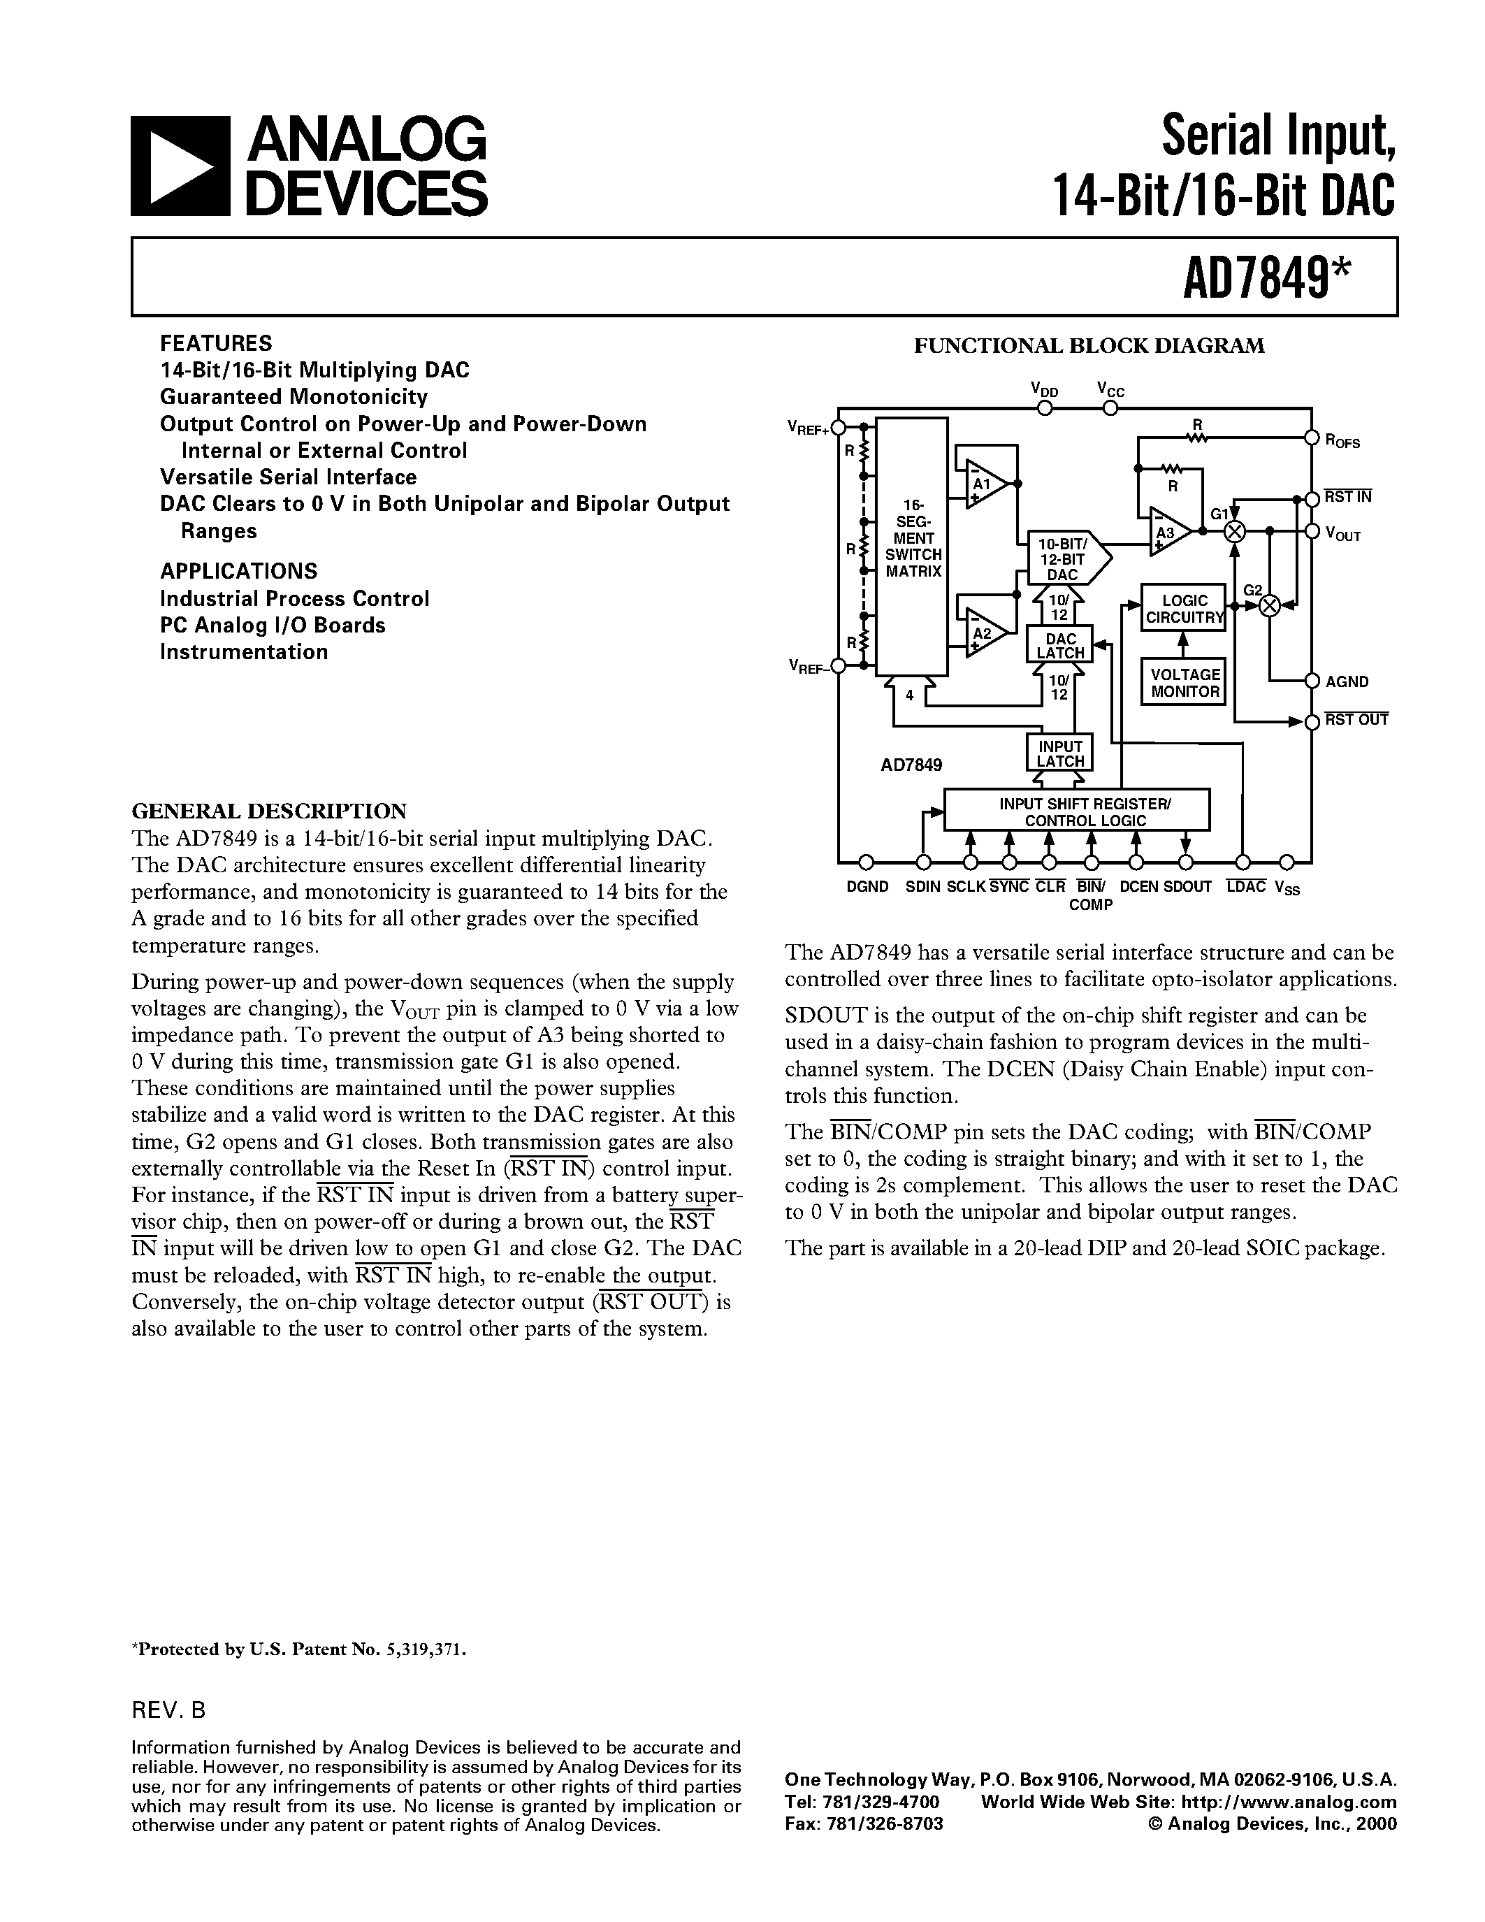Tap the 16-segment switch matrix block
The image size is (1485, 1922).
(912, 546)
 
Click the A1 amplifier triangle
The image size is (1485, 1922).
(983, 484)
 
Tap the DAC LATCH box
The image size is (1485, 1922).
(1059, 645)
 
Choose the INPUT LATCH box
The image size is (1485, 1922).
(1059, 753)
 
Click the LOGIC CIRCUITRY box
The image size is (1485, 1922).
(1183, 608)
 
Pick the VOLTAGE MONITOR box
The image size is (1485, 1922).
(1184, 682)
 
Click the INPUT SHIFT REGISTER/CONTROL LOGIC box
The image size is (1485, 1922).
(1076, 811)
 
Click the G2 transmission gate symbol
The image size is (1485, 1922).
(1268, 605)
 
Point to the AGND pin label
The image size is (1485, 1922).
(1347, 681)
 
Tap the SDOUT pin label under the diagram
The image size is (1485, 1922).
(1187, 887)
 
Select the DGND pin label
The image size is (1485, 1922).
(867, 887)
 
